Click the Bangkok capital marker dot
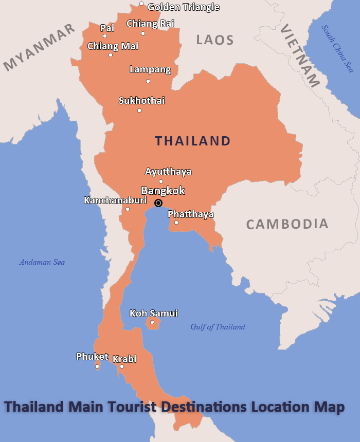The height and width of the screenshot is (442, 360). coord(158,203)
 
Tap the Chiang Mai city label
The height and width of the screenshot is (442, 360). coord(113,46)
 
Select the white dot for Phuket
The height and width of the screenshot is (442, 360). coord(97,366)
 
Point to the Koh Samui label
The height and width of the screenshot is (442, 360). coord(154,313)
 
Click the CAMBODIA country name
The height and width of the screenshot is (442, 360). coord(287,224)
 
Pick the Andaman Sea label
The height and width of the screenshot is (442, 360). coord(42,262)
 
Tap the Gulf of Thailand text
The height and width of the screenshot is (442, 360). coord(218,327)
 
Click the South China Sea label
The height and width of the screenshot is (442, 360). coord(337,49)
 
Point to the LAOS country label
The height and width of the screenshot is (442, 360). coord(215,40)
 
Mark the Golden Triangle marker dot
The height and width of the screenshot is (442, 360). coord(141,4)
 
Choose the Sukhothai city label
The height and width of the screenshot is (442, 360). coord(141,101)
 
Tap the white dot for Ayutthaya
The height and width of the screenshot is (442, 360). coord(161,181)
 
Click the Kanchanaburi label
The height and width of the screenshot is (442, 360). coord(115,200)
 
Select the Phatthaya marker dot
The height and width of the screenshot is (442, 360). coord(176,223)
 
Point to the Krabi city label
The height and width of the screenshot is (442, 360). coord(124,359)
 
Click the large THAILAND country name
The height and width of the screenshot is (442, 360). coord(193,141)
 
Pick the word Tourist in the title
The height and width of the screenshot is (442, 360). coord(133,407)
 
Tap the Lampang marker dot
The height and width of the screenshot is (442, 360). coord(148,81)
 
